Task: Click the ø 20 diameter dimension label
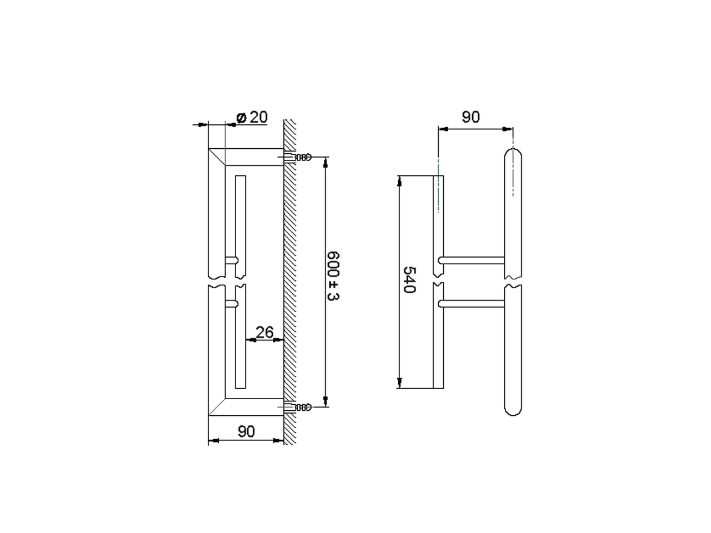click(x=252, y=117)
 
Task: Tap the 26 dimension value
click(x=264, y=332)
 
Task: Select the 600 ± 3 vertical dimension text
click(x=333, y=276)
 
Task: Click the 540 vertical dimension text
click(x=409, y=280)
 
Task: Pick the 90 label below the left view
click(x=246, y=431)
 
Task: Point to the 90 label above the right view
click(x=470, y=117)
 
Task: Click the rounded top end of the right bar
click(x=513, y=149)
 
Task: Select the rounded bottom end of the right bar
click(x=513, y=414)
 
